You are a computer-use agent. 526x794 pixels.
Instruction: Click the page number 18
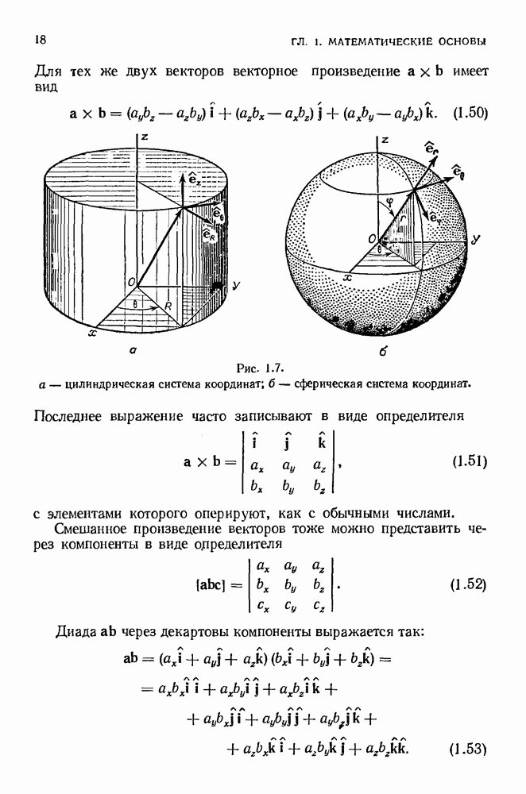click(40, 40)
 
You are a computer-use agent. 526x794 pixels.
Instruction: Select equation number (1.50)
click(470, 113)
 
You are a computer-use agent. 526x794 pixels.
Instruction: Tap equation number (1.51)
click(470, 461)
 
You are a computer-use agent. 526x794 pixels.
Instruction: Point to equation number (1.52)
click(468, 585)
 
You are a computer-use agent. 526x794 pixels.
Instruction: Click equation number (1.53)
click(468, 749)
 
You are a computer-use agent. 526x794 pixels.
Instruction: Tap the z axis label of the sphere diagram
click(385, 140)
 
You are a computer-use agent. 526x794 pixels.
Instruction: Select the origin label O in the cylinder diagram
click(131, 282)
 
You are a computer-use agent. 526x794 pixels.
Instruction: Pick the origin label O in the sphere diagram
click(373, 238)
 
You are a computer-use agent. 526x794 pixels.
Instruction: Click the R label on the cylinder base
click(168, 306)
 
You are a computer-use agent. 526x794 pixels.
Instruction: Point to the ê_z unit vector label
click(194, 179)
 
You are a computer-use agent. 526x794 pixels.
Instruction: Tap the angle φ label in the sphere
click(389, 200)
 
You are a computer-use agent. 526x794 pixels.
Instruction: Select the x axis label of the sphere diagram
click(348, 278)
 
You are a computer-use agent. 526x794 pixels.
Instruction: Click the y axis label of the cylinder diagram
click(236, 287)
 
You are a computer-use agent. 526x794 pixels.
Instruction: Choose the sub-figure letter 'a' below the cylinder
click(132, 349)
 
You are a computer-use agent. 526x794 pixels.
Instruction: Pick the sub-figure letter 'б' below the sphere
click(383, 350)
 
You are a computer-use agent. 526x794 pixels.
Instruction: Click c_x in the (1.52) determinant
click(262, 606)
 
